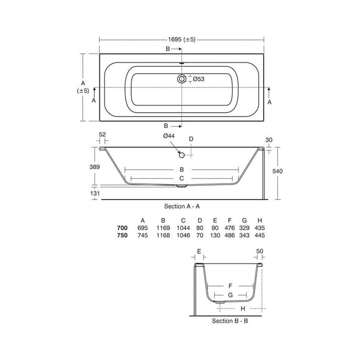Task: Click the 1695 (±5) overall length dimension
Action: coord(182,40)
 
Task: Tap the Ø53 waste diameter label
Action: coord(199,79)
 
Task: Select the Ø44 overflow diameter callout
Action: coord(169,136)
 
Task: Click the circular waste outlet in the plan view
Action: coord(182,79)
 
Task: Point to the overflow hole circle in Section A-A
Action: coord(182,155)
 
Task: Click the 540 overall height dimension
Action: coord(277,171)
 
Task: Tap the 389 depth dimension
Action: coord(95,167)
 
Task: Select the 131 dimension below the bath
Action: coord(95,193)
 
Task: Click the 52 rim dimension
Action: coord(102,135)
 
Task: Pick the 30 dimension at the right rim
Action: coord(269,140)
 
